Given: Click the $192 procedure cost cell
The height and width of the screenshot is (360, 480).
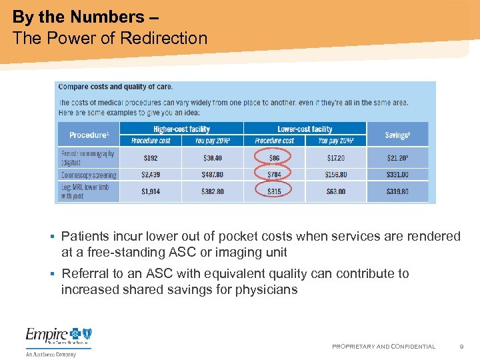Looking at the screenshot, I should [x=151, y=158].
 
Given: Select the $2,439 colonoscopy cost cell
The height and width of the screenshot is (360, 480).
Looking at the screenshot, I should [x=151, y=175].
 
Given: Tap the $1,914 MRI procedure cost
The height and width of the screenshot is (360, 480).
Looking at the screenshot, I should [x=151, y=191].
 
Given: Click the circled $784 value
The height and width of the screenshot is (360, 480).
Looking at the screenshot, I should [x=273, y=175].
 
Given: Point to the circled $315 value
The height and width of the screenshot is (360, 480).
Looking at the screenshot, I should [x=273, y=191].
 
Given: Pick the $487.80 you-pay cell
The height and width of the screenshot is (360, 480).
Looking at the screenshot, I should [x=213, y=175].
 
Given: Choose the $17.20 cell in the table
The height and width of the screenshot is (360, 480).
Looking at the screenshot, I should [x=335, y=158].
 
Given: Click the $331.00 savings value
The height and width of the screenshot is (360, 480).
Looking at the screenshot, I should [x=397, y=175].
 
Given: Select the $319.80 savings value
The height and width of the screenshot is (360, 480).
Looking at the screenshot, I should [x=397, y=191].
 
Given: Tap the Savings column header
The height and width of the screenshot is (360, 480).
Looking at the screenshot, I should [x=397, y=135].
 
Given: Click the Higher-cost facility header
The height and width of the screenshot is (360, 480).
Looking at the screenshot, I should [x=181, y=129].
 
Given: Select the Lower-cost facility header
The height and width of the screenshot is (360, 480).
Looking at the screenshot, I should [x=305, y=129].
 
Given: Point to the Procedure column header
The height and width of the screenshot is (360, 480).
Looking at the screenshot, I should [x=89, y=135].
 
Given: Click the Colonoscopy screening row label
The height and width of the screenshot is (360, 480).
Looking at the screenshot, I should [x=89, y=175].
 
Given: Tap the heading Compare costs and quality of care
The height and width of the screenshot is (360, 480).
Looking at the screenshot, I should [x=115, y=87].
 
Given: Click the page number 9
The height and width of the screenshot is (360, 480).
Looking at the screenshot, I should [x=461, y=347].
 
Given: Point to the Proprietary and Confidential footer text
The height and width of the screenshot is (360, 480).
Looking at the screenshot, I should [x=383, y=347].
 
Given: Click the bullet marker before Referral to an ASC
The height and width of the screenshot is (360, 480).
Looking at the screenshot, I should [x=52, y=274].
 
